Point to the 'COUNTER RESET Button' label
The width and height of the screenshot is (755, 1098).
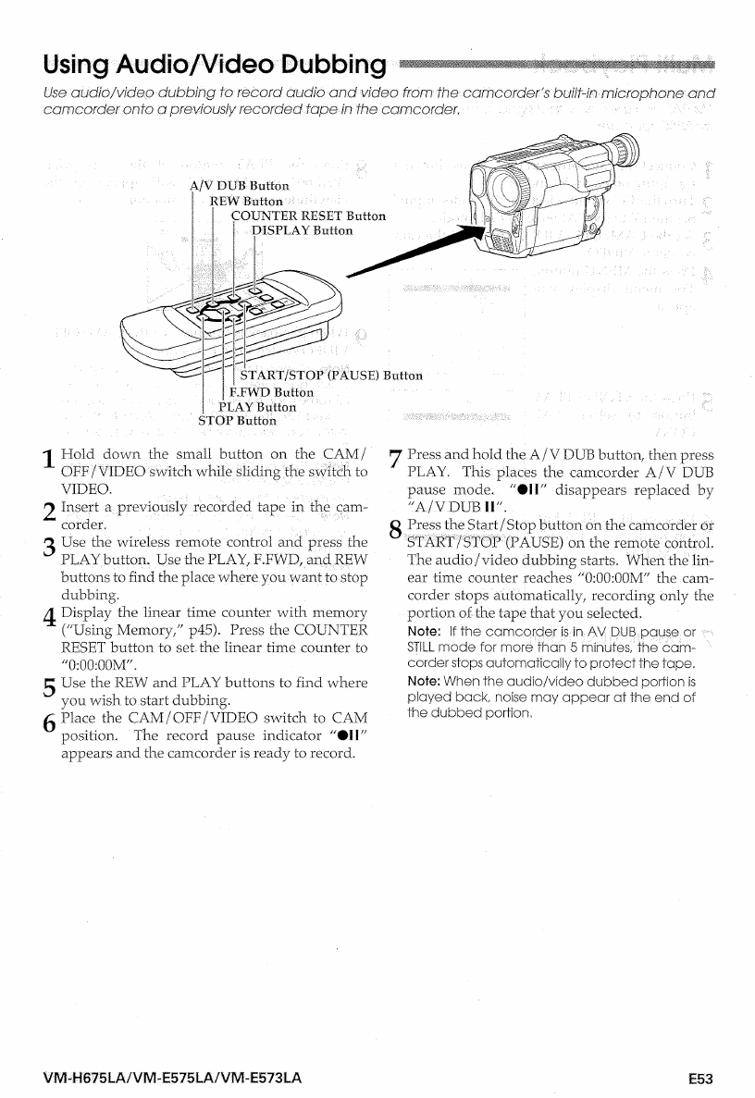[x=308, y=216]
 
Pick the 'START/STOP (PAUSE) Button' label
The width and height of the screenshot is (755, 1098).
[x=330, y=376]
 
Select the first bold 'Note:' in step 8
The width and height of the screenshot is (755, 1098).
[x=423, y=632]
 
